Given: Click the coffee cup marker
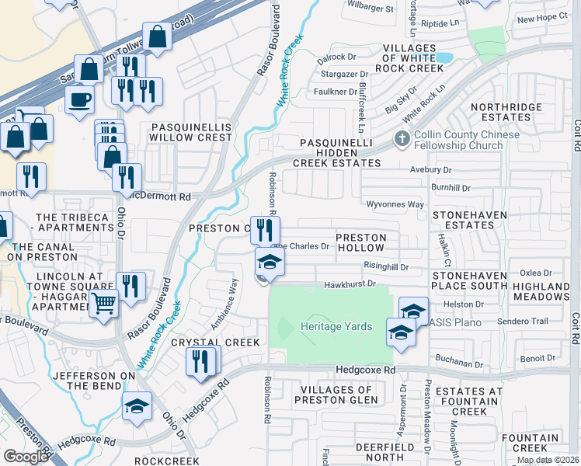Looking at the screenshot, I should pyautogui.click(x=79, y=99).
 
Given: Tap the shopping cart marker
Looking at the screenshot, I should pyautogui.click(x=103, y=303).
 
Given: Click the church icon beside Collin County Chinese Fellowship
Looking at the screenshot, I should pyautogui.click(x=401, y=140).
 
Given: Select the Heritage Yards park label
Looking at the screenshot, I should pyautogui.click(x=336, y=327).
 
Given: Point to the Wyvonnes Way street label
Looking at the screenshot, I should pyautogui.click(x=395, y=204).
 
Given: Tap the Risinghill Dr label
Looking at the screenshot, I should pyautogui.click(x=385, y=265).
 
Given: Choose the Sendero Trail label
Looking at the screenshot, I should pyautogui.click(x=506, y=321).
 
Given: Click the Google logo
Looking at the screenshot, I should pyautogui.click(x=26, y=457).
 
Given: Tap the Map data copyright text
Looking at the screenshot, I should pyautogui.click(x=547, y=460).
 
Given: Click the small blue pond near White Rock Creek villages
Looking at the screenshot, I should pyautogui.click(x=444, y=57).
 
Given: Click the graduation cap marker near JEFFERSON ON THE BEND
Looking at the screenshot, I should pyautogui.click(x=137, y=406).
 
